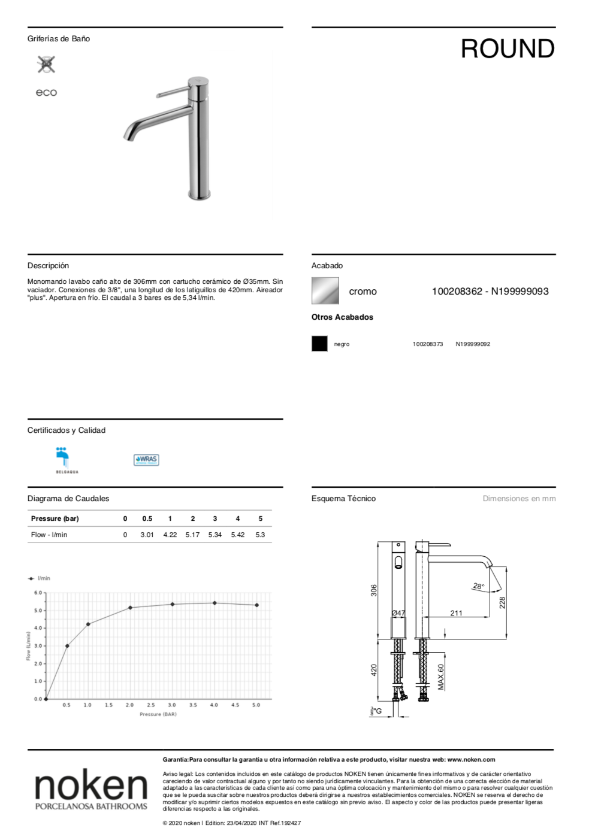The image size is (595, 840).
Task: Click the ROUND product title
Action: (508, 49)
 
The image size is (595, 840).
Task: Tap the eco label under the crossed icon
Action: (46, 93)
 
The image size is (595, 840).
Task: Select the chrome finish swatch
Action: (325, 291)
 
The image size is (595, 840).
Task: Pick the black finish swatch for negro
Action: (319, 344)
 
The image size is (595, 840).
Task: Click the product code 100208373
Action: (428, 344)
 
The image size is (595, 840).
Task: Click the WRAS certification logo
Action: (146, 460)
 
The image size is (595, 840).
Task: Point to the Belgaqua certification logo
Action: (64, 459)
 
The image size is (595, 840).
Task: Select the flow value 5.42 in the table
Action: (238, 535)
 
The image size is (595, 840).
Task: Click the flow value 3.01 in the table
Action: (147, 535)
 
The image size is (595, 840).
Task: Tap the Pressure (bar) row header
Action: (55, 518)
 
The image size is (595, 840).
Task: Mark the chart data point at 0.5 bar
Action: (67, 646)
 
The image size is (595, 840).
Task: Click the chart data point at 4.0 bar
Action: (215, 603)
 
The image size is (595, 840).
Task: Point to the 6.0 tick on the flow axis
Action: (38, 593)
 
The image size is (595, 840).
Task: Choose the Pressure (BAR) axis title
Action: (158, 714)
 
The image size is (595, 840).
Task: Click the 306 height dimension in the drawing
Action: (374, 590)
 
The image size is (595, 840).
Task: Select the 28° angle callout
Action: (478, 587)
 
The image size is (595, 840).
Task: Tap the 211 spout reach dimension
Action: (456, 613)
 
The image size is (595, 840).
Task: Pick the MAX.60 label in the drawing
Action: (441, 677)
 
